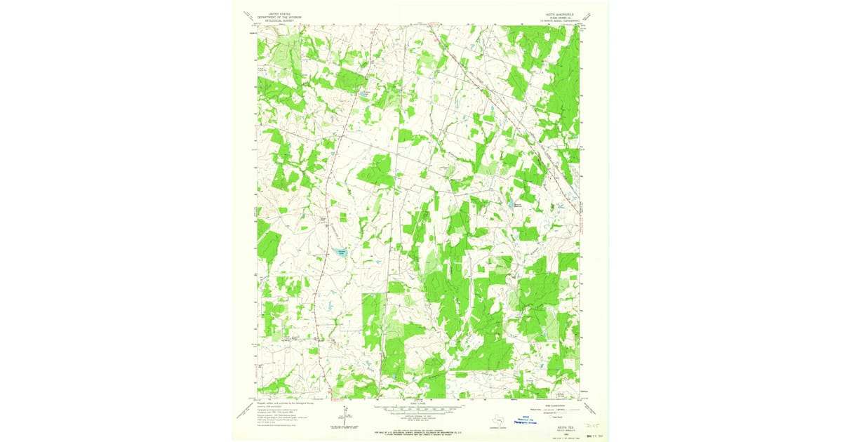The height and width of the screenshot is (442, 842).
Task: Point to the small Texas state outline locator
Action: [x=499, y=420]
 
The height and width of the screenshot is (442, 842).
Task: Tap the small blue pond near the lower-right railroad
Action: [x=559, y=206]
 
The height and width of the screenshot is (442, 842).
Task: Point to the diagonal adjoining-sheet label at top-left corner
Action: [x=248, y=15]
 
